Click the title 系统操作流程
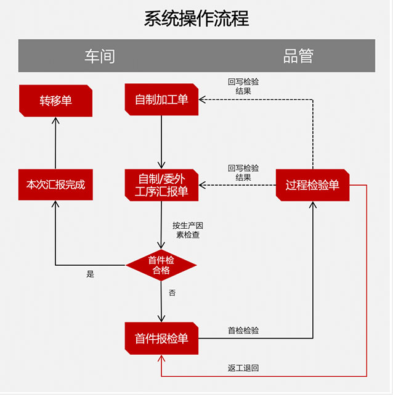tap(196, 19)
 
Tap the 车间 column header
tap(100, 56)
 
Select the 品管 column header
tap(299, 56)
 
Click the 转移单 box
tap(55, 100)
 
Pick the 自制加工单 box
tap(161, 100)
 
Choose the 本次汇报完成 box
tap(55, 184)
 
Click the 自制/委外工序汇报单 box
tap(161, 184)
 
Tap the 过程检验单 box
tap(312, 185)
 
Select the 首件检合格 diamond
tap(161, 265)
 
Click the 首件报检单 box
tap(161, 338)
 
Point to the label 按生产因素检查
tap(186, 230)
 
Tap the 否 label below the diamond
tap(172, 293)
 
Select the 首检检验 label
tap(243, 331)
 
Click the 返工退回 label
tap(243, 368)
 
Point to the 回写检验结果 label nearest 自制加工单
tap(243, 86)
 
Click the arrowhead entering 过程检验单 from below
tap(313, 205)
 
